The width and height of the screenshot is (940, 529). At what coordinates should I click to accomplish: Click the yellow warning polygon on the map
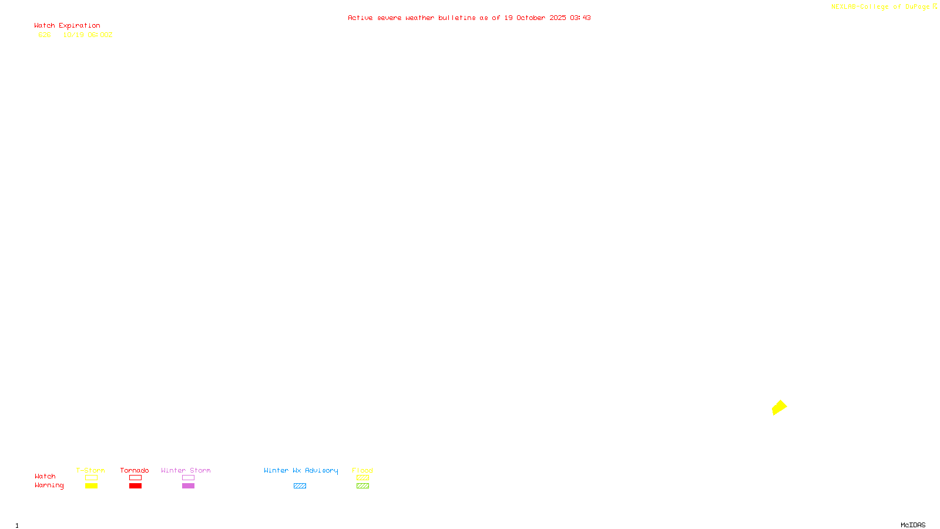click(x=779, y=407)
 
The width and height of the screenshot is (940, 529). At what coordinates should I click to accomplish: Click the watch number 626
click(x=45, y=35)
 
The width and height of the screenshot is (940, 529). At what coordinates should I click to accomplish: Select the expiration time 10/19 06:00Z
click(x=88, y=35)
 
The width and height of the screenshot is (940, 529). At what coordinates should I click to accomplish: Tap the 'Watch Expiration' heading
click(x=67, y=26)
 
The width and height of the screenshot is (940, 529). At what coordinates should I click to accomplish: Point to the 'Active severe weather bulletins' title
click(x=469, y=18)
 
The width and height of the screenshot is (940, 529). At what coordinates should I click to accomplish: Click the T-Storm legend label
click(x=90, y=470)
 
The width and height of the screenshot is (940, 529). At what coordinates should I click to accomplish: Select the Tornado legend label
click(x=135, y=470)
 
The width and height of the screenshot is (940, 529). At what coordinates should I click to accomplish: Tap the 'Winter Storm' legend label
click(x=186, y=470)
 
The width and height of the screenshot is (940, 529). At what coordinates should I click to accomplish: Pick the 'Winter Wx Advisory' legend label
click(x=301, y=470)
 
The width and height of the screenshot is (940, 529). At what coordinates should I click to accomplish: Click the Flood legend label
click(x=362, y=470)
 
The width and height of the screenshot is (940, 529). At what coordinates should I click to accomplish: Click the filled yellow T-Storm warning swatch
click(x=91, y=486)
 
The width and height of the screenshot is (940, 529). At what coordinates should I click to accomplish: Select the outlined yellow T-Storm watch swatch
click(x=91, y=478)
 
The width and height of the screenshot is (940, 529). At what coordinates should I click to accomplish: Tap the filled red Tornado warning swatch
click(x=136, y=486)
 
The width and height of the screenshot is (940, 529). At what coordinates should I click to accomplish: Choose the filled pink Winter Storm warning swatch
click(x=188, y=486)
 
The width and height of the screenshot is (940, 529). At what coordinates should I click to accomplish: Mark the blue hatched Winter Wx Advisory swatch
click(x=300, y=486)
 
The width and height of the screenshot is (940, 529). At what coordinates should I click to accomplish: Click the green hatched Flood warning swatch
click(x=362, y=486)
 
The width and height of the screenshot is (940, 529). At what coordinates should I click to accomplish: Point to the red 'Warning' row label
click(x=49, y=486)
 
